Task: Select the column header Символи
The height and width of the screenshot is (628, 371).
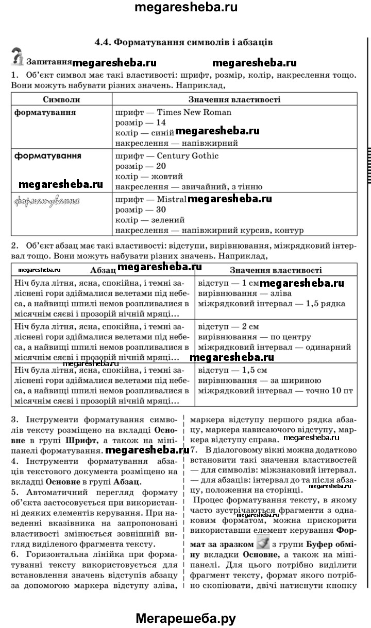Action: click(x=61, y=99)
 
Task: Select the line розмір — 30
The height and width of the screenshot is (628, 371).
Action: click(x=141, y=210)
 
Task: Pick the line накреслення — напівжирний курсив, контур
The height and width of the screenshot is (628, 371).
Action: click(x=209, y=230)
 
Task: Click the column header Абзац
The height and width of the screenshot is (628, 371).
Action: click(x=103, y=270)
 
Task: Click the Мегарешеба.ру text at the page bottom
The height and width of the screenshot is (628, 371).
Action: click(x=185, y=618)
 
